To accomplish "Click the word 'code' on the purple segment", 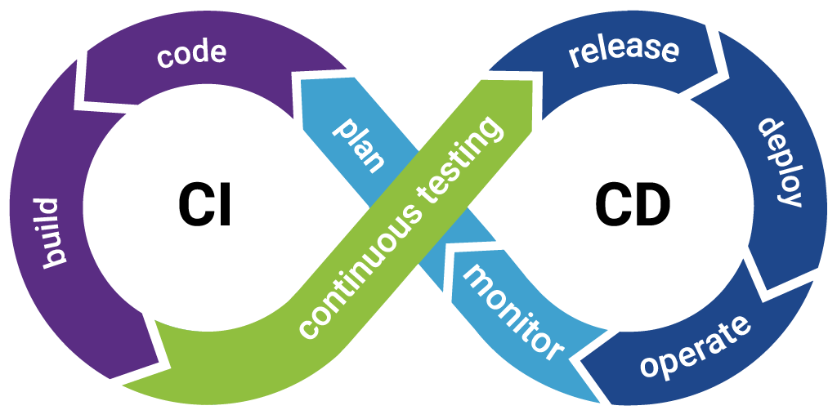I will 191,56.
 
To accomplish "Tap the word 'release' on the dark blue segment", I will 624,51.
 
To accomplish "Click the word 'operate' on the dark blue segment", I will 695,346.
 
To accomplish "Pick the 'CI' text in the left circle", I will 205,204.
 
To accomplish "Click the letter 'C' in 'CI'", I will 195,204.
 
